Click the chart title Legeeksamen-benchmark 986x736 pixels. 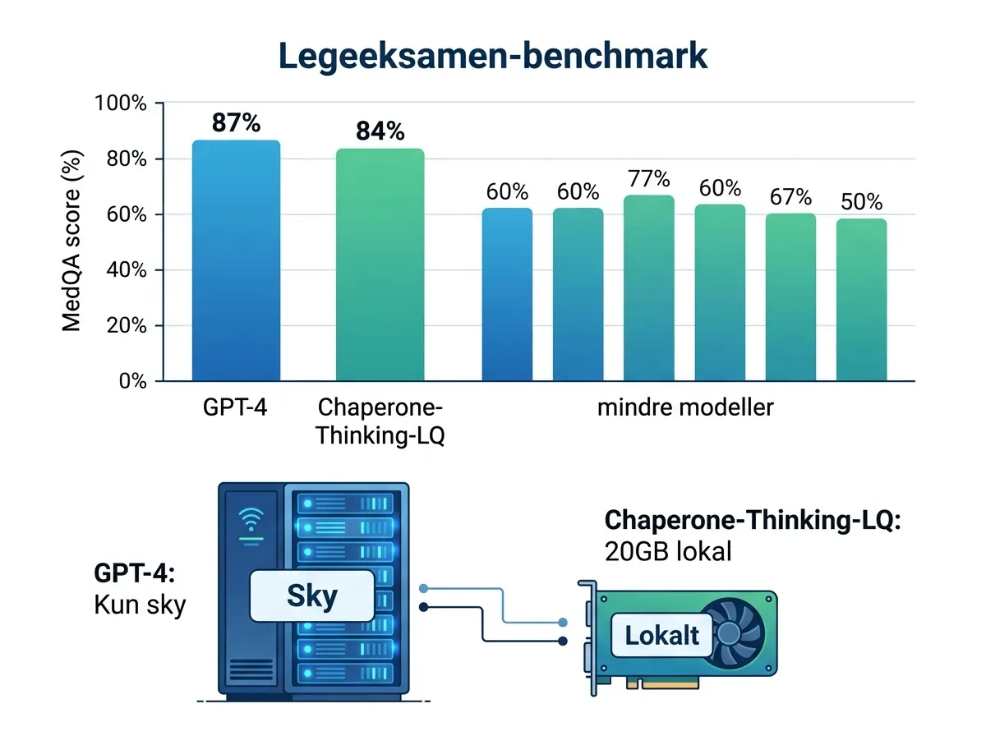(493, 56)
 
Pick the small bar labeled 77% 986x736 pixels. (648, 288)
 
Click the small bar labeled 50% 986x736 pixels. (861, 300)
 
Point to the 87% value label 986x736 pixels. (236, 123)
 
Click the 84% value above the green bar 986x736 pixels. (380, 131)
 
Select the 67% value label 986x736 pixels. (790, 198)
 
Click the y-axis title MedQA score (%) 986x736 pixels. (72, 241)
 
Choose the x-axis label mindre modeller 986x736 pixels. (685, 407)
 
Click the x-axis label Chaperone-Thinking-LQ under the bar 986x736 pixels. (380, 421)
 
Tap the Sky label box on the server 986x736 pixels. (312, 596)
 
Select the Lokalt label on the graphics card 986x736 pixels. (661, 635)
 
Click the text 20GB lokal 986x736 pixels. (667, 550)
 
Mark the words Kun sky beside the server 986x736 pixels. (141, 605)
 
